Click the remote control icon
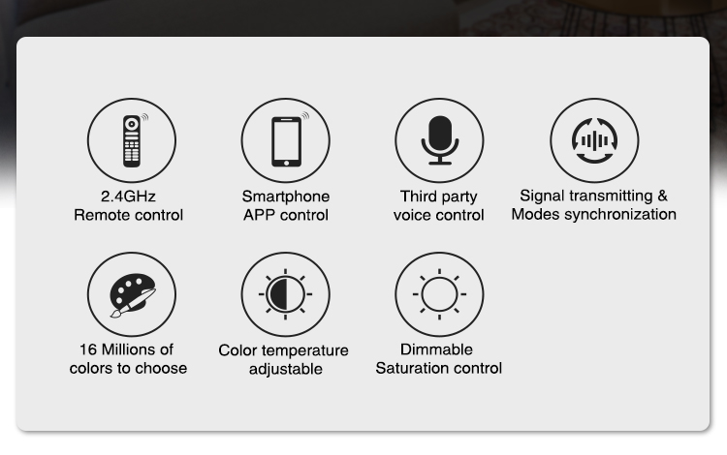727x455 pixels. pyautogui.click(x=132, y=140)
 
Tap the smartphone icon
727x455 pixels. pyautogui.click(x=286, y=141)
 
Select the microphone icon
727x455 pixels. pyautogui.click(x=439, y=140)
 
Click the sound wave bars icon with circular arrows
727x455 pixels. pyautogui.click(x=594, y=140)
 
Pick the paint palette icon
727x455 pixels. pyautogui.click(x=133, y=295)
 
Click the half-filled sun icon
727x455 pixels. pyautogui.click(x=285, y=294)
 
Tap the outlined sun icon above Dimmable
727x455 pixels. pyautogui.click(x=439, y=294)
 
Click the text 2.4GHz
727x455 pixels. pyautogui.click(x=128, y=197)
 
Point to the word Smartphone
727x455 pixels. pyautogui.click(x=286, y=197)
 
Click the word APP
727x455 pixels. pyautogui.click(x=260, y=215)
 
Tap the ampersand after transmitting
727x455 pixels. pyautogui.click(x=663, y=196)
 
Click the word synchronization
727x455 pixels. pyautogui.click(x=620, y=214)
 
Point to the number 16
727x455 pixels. pyautogui.click(x=87, y=349)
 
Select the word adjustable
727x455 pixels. pyautogui.click(x=286, y=370)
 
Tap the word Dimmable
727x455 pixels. pyautogui.click(x=436, y=349)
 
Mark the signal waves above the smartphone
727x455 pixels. pyautogui.click(x=305, y=115)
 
